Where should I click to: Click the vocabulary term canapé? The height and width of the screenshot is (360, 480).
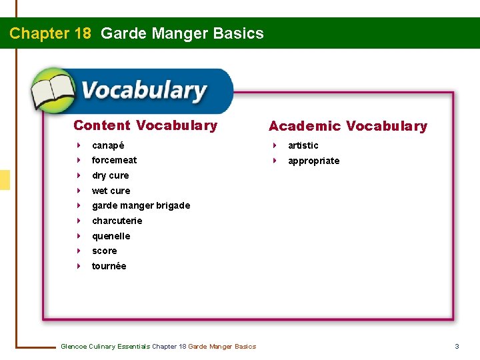(108, 145)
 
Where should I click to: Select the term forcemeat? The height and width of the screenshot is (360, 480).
(114, 160)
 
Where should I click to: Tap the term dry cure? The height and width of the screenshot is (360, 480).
(110, 175)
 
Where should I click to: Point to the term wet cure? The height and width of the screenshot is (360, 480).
(111, 191)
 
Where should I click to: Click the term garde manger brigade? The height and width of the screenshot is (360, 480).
(141, 205)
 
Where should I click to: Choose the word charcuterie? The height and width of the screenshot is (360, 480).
(117, 221)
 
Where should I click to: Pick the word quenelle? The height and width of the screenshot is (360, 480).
(111, 236)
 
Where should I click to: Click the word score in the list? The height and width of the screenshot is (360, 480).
(104, 251)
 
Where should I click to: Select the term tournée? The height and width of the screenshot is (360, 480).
(109, 266)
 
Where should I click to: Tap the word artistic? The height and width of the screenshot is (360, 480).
(303, 145)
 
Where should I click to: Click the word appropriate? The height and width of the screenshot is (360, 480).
(313, 161)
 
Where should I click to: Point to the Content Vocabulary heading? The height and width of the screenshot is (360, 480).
(145, 125)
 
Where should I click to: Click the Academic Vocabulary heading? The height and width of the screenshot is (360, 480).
(347, 126)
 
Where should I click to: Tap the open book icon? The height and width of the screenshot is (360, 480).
(53, 91)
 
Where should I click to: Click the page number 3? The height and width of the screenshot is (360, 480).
(457, 346)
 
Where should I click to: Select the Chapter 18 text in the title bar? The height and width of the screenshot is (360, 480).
(50, 33)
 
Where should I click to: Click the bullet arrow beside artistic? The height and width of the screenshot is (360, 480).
(274, 145)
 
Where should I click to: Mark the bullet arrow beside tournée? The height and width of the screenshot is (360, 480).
(78, 266)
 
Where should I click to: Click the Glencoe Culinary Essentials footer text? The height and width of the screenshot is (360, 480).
(158, 346)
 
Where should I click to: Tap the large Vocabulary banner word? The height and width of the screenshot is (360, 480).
(143, 91)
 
